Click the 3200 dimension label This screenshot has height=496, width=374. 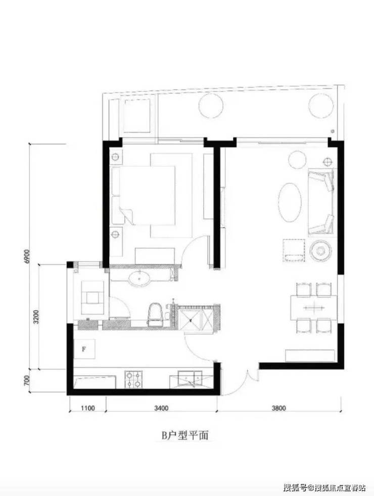point(36,317)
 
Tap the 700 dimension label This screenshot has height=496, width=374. point(27,381)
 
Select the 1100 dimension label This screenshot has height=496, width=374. point(87,408)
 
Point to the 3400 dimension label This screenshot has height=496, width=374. point(161,408)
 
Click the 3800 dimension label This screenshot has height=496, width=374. point(278,408)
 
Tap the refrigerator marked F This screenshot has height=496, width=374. point(84,349)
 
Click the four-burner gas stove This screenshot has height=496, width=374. point(133,379)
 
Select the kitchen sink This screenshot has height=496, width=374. point(191,379)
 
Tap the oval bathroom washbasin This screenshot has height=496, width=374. point(139,279)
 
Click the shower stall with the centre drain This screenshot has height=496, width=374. point(191,321)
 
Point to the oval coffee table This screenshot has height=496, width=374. point(290,202)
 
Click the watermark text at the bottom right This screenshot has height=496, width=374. point(324,487)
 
